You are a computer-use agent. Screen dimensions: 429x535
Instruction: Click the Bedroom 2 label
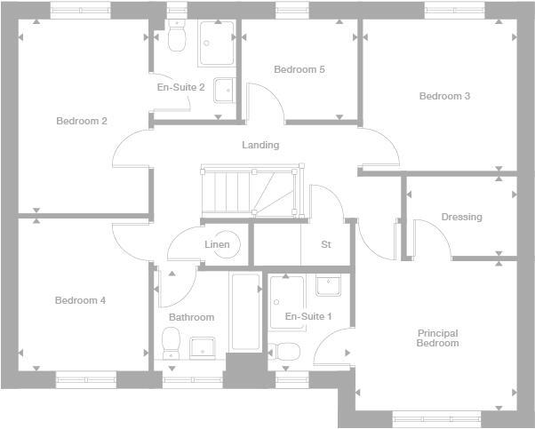point(82,122)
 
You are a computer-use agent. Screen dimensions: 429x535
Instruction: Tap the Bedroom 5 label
point(299,69)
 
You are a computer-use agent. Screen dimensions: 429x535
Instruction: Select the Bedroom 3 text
point(444,96)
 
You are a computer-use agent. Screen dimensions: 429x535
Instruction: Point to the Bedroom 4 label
point(80,300)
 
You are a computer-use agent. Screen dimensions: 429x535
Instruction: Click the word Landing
point(260,145)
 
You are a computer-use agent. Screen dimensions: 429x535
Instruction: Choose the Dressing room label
point(461,217)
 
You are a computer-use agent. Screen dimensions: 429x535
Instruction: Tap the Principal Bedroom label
point(437,338)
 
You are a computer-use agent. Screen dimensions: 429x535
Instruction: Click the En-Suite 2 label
point(180,87)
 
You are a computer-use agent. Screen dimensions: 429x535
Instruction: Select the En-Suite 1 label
point(308,316)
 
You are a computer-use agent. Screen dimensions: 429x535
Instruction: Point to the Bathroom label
point(191,317)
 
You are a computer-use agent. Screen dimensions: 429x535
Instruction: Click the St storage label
point(326,244)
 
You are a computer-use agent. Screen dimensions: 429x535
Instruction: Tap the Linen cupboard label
point(217,244)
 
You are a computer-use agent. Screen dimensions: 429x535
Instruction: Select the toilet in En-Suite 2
point(175,39)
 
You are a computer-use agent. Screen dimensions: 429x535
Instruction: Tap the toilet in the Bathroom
point(172,342)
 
